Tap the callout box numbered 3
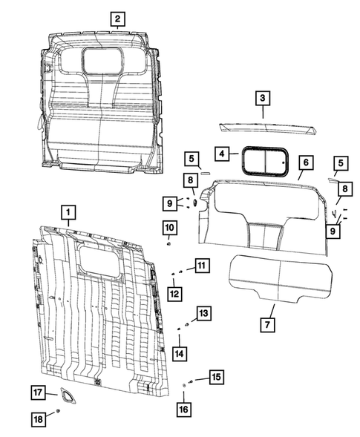pos(263,97)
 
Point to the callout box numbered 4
pos(221,154)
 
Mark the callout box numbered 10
pos(169,226)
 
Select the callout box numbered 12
pos(175,295)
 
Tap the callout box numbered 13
pos(203,313)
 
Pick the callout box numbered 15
pos(215,378)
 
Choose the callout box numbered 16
pos(184,407)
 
